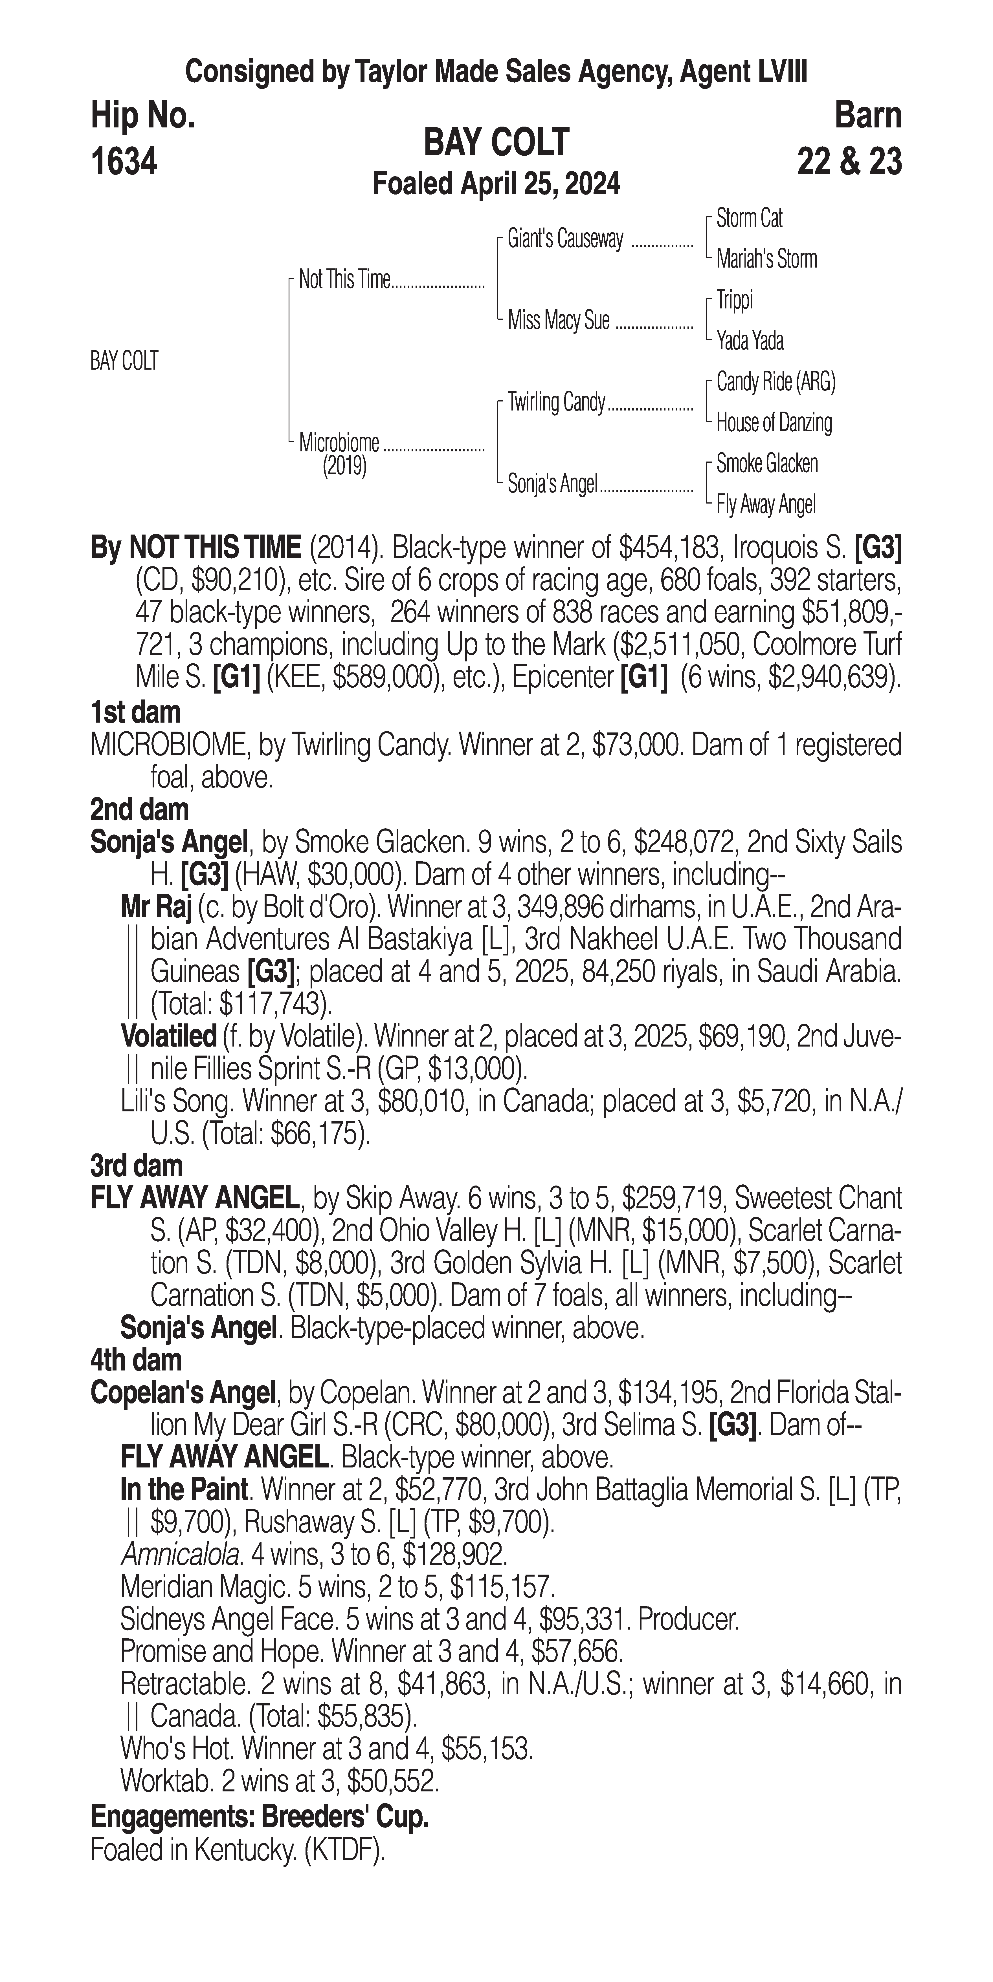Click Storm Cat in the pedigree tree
click(x=749, y=218)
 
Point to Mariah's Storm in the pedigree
click(x=766, y=259)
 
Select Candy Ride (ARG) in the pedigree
click(x=775, y=382)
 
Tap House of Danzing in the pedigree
click(x=774, y=422)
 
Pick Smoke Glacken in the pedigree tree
click(x=767, y=463)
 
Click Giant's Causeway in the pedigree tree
click(x=565, y=239)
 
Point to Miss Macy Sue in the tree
click(x=558, y=320)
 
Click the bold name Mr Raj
click(x=156, y=908)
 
